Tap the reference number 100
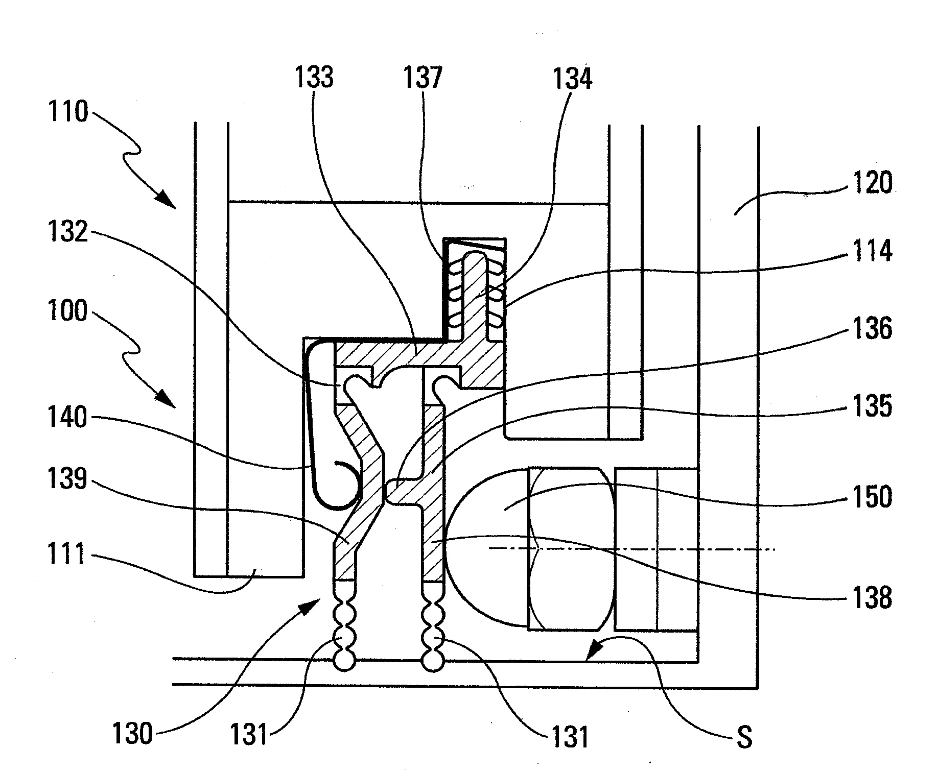point(68,311)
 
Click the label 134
point(573,80)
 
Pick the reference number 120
point(872,183)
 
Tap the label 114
point(872,252)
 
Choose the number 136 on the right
point(872,329)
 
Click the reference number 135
point(872,407)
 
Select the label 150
point(872,496)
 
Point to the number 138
point(872,597)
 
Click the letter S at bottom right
point(745,738)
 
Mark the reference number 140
point(68,418)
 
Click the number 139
point(68,481)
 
